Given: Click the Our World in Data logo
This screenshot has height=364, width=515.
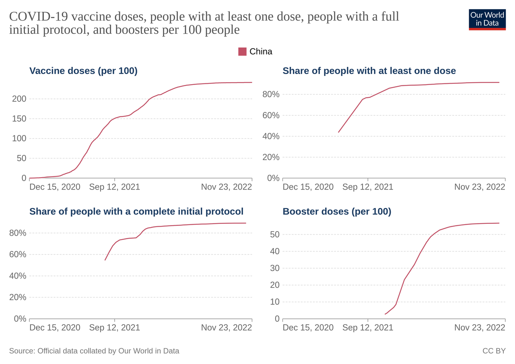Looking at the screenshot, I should click(x=487, y=19).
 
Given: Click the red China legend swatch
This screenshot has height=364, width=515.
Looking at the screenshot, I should click(x=242, y=52).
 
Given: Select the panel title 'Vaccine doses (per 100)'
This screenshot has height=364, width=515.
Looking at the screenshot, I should click(x=83, y=71).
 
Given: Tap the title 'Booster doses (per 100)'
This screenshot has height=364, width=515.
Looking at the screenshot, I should click(x=337, y=211).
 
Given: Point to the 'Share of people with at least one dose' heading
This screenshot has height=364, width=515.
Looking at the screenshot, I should click(x=369, y=71).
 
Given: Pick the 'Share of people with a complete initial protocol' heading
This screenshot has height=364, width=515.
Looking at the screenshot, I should click(x=136, y=211).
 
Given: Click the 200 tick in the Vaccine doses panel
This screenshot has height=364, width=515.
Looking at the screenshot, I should click(x=19, y=99).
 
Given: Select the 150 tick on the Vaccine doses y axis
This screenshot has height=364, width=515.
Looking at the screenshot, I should click(x=19, y=119).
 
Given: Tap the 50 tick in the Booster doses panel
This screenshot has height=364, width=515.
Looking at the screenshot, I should click(x=275, y=235).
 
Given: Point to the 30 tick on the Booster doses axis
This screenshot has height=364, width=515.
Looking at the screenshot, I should click(x=275, y=268).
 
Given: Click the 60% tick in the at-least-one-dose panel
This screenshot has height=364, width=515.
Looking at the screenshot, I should click(x=271, y=116).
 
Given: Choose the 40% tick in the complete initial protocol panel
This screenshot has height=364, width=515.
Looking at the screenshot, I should click(x=18, y=276).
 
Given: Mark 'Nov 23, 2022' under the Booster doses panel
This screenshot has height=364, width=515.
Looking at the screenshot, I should click(x=480, y=327).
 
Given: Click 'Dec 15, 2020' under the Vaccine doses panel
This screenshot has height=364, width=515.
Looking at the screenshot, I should click(x=55, y=187).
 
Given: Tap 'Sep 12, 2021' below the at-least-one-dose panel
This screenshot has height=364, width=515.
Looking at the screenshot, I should click(x=368, y=187).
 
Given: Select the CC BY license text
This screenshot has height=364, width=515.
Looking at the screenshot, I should click(x=494, y=351).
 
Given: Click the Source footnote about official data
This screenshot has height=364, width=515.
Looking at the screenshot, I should click(x=94, y=351).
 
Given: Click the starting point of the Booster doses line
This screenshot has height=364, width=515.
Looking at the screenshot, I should click(x=385, y=314).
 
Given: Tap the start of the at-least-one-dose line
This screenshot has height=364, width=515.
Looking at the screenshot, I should click(x=338, y=132).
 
